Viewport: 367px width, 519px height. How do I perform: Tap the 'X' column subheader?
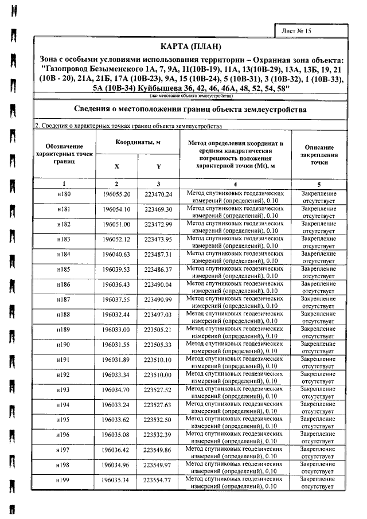click(x=116, y=167)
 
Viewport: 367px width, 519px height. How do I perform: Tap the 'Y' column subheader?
click(x=158, y=167)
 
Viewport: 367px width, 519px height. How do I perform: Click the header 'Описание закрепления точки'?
click(x=318, y=154)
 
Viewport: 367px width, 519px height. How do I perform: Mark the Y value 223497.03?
click(x=158, y=315)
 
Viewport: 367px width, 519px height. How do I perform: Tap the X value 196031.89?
click(x=117, y=360)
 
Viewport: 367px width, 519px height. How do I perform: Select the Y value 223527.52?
click(x=158, y=389)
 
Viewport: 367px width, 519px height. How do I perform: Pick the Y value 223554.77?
click(x=158, y=479)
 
